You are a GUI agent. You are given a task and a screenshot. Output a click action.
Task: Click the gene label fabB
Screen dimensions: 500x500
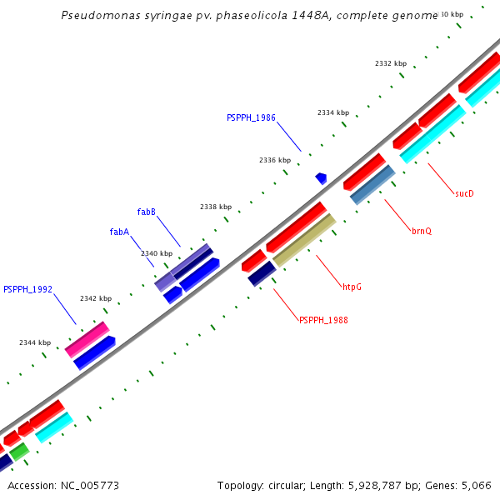[x=146, y=212]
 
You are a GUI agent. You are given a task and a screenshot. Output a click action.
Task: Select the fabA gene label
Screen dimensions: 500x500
[x=119, y=232]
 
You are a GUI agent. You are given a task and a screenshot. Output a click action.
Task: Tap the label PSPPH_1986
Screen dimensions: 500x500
[x=251, y=118]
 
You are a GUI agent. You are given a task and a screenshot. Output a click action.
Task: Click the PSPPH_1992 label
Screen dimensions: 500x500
[x=27, y=290]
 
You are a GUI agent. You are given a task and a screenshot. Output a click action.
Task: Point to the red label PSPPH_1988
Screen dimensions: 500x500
[x=323, y=320]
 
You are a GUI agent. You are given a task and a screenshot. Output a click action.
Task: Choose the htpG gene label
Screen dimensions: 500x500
[x=352, y=287]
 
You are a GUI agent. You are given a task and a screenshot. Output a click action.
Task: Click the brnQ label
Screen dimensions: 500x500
[x=422, y=231]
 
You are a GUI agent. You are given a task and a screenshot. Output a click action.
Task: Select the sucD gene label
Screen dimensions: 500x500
[x=464, y=193]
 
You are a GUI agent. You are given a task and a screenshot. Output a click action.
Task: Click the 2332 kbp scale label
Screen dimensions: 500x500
[x=391, y=63]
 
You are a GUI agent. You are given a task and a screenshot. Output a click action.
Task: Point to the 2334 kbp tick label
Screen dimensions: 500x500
[x=333, y=112]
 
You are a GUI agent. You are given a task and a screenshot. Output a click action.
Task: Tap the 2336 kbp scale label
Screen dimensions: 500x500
[x=275, y=160]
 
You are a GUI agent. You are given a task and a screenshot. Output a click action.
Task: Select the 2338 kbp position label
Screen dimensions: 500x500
[x=216, y=207]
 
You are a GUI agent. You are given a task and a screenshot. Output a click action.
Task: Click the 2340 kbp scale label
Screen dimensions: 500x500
[x=157, y=253]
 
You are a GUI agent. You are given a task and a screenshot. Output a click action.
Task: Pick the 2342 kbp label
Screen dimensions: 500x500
[x=96, y=298]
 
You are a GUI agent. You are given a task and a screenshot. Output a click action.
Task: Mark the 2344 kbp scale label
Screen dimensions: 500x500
[x=35, y=342]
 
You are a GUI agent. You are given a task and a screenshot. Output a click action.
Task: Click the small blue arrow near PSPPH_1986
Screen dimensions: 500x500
[x=321, y=178]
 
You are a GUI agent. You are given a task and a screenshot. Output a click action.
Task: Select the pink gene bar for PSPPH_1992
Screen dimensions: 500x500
[x=87, y=339]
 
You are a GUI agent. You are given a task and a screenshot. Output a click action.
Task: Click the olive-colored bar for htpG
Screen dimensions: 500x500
[x=304, y=240]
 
